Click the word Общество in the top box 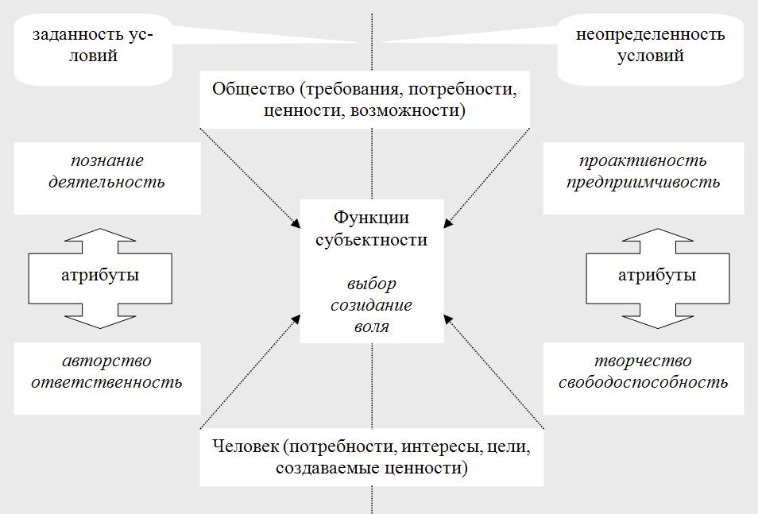(x=246, y=88)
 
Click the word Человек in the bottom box (x=244, y=446)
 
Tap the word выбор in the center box (x=371, y=284)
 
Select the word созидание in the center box (x=371, y=304)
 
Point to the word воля (x=371, y=325)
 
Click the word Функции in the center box (x=371, y=218)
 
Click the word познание (x=107, y=160)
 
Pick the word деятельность (x=107, y=181)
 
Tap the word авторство (x=107, y=361)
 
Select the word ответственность (x=107, y=381)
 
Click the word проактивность (x=643, y=160)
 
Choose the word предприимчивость (x=643, y=181)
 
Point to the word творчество (x=643, y=361)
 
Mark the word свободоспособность (x=643, y=381)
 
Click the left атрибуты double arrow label (x=100, y=276)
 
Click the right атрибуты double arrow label (x=657, y=276)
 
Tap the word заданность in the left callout (x=78, y=35)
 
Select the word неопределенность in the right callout (x=651, y=35)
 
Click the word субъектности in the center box (x=371, y=239)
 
